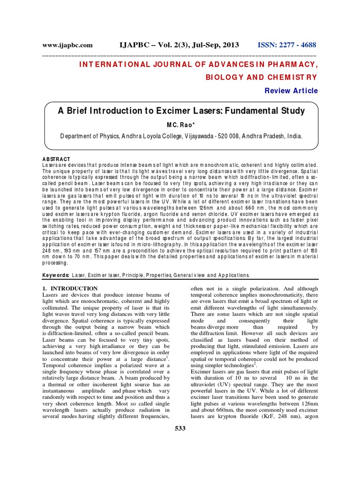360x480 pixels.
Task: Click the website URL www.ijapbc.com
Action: pyautogui.click(x=67, y=45)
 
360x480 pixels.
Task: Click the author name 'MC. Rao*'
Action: pyautogui.click(x=180, y=124)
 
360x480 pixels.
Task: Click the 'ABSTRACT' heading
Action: pyautogui.click(x=56, y=159)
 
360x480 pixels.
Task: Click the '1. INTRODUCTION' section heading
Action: pyautogui.click(x=70, y=288)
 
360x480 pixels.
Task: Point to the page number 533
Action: pyautogui.click(x=180, y=427)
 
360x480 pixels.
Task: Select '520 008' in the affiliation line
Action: pyautogui.click(x=252, y=136)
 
